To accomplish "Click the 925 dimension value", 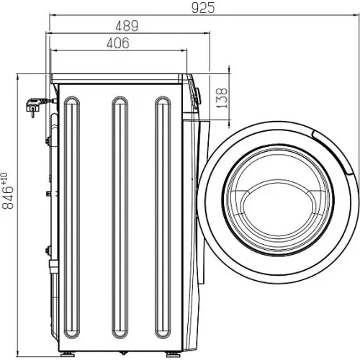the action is point(203,7).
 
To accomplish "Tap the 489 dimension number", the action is point(127,26).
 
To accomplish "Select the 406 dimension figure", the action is point(118,43).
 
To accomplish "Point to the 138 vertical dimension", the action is point(222,98).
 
